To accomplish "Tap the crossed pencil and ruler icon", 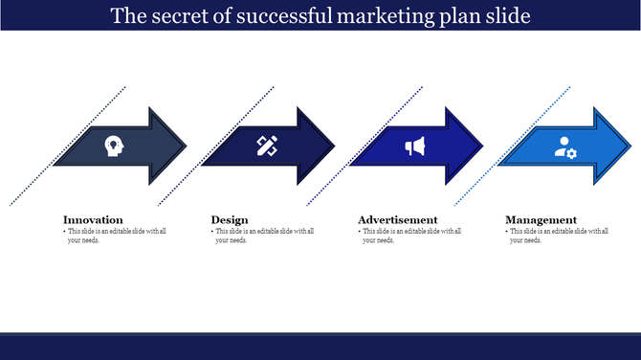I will click(x=266, y=146).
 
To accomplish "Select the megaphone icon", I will click(x=414, y=146).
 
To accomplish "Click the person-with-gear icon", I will click(x=565, y=146).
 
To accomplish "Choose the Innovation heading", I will click(x=93, y=219).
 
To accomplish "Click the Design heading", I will click(x=229, y=219).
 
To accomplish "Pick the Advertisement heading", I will click(x=398, y=219).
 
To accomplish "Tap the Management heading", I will click(x=542, y=219).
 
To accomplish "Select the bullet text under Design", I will click(x=264, y=236).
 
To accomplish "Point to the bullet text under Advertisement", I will click(x=411, y=236).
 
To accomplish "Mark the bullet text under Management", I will click(x=560, y=236).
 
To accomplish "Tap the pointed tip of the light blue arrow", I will click(x=630, y=146).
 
